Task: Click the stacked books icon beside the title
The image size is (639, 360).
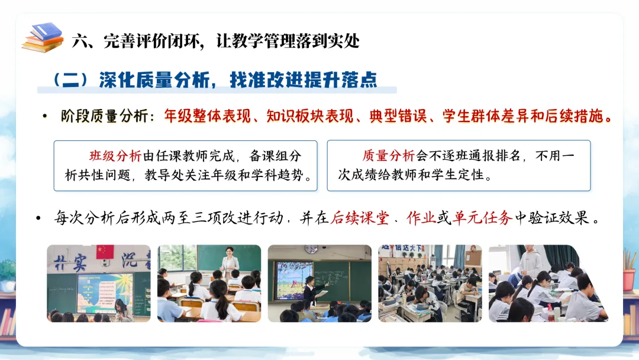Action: click(x=43, y=37)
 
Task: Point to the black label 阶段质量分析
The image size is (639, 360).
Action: click(x=105, y=116)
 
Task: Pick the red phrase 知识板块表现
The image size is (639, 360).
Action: click(x=310, y=116)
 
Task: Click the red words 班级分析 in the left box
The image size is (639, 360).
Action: click(x=115, y=156)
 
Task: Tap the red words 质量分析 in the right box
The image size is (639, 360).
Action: click(x=388, y=155)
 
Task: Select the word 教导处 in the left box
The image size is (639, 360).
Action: click(x=164, y=175)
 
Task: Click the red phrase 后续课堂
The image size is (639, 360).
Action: click(x=360, y=218)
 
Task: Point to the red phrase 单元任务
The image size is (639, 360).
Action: click(x=482, y=218)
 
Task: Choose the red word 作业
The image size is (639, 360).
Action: click(x=421, y=218)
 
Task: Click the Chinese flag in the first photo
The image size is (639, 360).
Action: click(x=105, y=252)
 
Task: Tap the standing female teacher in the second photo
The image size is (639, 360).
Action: click(x=230, y=264)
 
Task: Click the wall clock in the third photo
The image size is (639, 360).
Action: click(x=311, y=249)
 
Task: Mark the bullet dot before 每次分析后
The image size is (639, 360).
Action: click(x=38, y=218)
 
